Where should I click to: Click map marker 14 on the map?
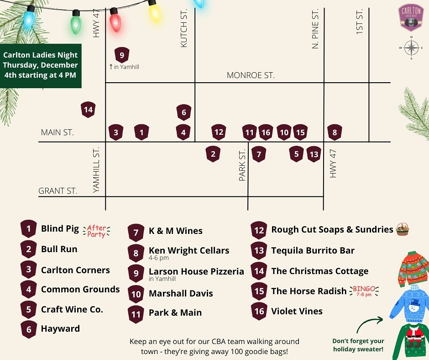coord(88,110)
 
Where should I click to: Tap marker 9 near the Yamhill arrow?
coord(122,56)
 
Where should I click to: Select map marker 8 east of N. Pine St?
coord(335,133)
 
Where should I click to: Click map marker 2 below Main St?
coord(213,154)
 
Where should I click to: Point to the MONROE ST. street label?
coord(251,75)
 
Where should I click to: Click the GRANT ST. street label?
coord(58,191)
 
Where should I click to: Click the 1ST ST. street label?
coord(359,21)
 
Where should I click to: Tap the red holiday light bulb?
coord(115,21)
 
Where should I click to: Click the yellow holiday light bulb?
coord(155,11)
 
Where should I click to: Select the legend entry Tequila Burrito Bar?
coord(313,250)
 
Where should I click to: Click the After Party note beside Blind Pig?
coord(96,231)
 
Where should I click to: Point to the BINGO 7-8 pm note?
coord(364,291)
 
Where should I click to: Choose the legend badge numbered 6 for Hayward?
coord(29,329)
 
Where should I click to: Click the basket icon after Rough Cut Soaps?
coord(402,229)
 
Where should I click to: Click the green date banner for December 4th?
coord(41,65)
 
